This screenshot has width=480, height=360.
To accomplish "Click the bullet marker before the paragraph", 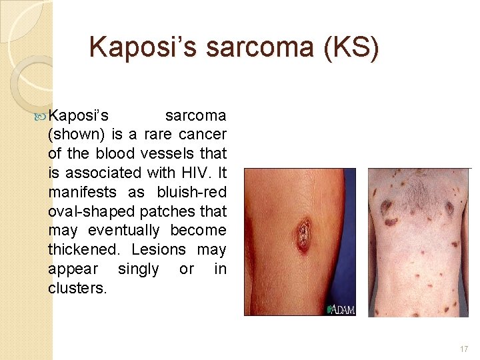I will coord(42,114).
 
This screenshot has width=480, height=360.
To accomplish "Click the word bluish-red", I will coord(192,192).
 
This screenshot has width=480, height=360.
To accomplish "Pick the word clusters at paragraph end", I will coord(77,289).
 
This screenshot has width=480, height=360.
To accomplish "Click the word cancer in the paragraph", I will coord(203,134).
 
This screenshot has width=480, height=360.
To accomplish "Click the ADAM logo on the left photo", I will coord(341,309).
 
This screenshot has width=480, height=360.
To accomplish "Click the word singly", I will coord(139,269).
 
